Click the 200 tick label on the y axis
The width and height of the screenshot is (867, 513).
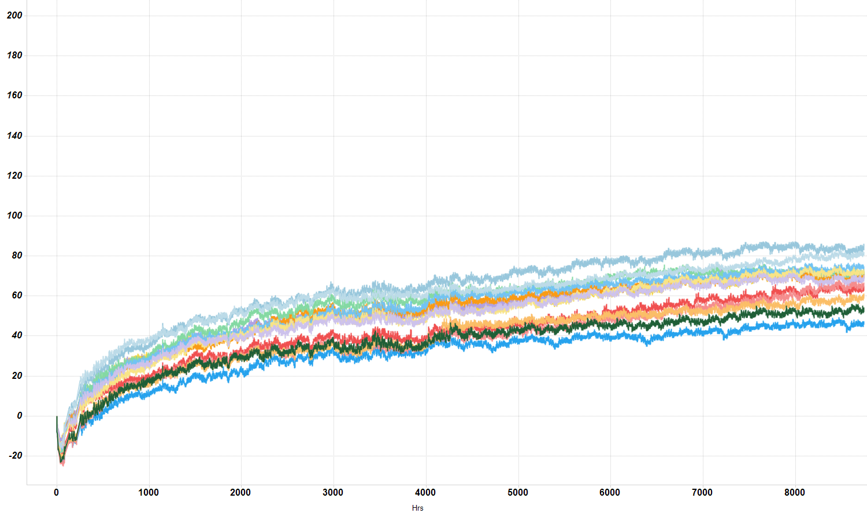14,16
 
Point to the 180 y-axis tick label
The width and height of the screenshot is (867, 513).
14,56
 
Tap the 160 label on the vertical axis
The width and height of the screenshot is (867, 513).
14,95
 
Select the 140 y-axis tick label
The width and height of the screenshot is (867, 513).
14,136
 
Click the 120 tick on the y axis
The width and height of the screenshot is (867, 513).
14,176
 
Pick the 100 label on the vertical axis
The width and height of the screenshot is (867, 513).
14,216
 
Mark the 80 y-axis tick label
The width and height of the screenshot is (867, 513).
16,256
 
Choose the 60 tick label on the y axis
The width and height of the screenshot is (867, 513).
16,296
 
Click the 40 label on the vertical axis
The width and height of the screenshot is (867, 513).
16,335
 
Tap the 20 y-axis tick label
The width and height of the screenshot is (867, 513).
16,376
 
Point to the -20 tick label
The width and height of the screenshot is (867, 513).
15,456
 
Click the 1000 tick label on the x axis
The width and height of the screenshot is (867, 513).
149,493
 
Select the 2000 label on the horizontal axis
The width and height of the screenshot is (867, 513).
240,493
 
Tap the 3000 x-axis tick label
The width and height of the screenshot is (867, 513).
333,493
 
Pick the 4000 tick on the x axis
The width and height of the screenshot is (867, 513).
425,493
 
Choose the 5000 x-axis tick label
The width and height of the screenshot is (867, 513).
518,493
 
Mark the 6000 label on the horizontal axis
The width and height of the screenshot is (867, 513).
610,493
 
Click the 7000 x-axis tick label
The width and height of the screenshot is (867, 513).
702,493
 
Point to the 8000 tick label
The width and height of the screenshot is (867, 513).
795,493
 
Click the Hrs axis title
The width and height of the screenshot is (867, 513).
417,508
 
